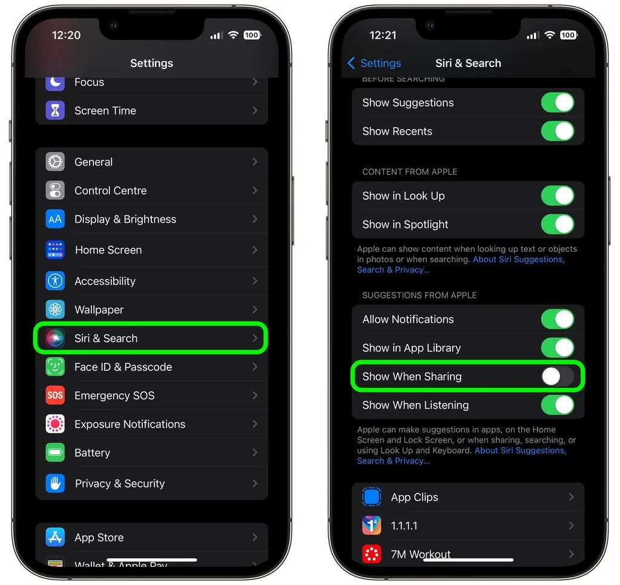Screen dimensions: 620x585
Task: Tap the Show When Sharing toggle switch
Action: pos(558,376)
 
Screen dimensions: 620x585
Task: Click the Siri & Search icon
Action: pos(55,338)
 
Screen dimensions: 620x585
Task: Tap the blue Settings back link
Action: pos(374,64)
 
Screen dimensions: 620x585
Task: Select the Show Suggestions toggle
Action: pos(558,102)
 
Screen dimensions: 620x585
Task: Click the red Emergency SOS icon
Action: pos(55,395)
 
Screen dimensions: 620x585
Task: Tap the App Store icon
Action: pos(55,537)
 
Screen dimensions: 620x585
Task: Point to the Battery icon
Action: pos(55,452)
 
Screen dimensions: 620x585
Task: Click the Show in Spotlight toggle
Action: pos(558,224)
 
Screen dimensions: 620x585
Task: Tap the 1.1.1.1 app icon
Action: pos(372,525)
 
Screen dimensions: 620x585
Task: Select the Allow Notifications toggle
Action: pos(558,319)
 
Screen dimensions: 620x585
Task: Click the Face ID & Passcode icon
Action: pos(55,366)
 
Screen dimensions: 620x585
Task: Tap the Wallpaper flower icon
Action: pos(55,309)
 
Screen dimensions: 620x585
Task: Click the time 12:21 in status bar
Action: pos(383,35)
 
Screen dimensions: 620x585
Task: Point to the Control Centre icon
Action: pos(55,190)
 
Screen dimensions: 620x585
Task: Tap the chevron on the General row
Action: pos(255,162)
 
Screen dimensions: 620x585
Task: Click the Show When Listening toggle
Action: pos(558,405)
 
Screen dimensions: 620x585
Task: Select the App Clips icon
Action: pos(372,497)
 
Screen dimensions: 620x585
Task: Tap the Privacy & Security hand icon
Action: pos(55,483)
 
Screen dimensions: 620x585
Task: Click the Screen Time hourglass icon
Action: pos(55,110)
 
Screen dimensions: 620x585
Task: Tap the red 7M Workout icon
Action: pos(372,554)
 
